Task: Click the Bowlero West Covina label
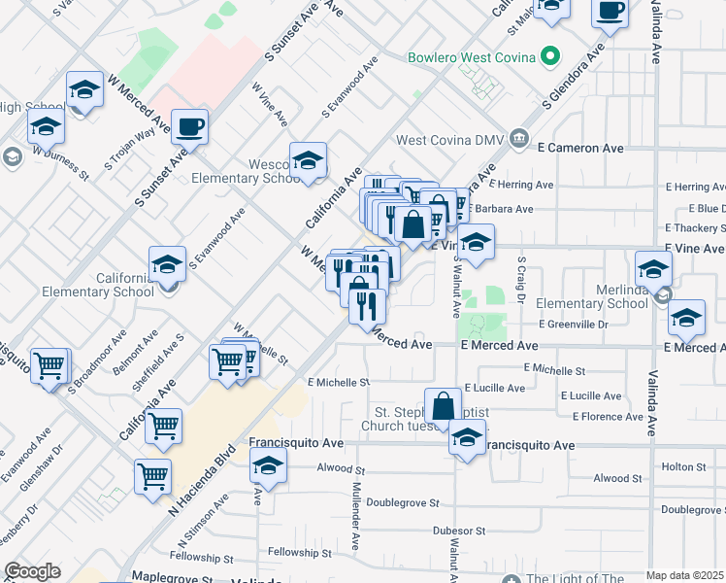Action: coord(472,57)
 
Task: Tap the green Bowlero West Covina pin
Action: coord(550,56)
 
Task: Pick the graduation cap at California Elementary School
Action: coord(167,263)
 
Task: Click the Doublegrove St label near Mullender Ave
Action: coord(396,504)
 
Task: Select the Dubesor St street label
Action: coord(458,531)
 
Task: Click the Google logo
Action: coord(31,572)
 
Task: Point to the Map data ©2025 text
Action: coord(684,575)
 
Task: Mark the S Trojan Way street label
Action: coord(130,149)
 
